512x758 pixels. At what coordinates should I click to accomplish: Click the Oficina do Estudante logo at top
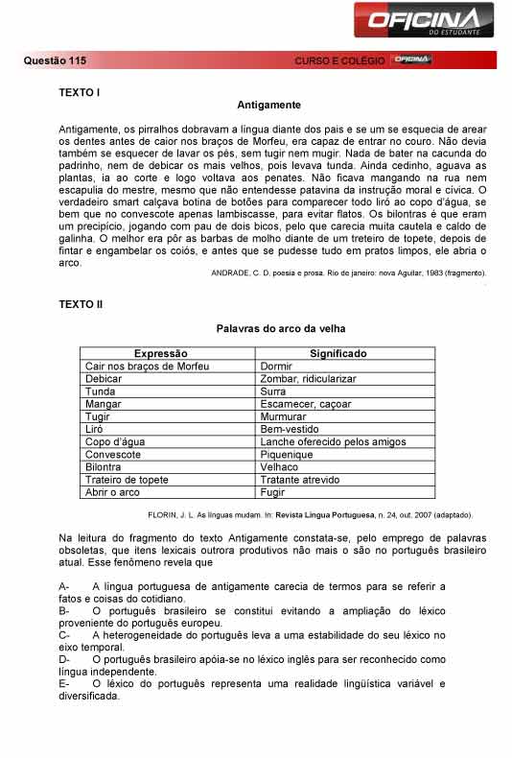(424, 19)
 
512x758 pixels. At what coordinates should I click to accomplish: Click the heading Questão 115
(54, 60)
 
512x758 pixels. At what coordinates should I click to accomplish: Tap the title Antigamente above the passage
(268, 105)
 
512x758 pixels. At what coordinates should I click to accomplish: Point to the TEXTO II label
(81, 304)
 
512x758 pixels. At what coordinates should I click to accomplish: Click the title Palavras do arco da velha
(268, 329)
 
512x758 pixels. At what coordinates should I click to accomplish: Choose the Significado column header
(337, 354)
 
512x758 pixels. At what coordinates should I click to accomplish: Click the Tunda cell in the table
(101, 391)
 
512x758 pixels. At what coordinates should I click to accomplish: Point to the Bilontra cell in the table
(105, 467)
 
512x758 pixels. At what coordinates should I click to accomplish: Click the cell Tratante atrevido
(299, 480)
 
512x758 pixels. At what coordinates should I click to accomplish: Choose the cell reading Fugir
(272, 492)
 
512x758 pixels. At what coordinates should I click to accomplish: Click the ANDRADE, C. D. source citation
(348, 273)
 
